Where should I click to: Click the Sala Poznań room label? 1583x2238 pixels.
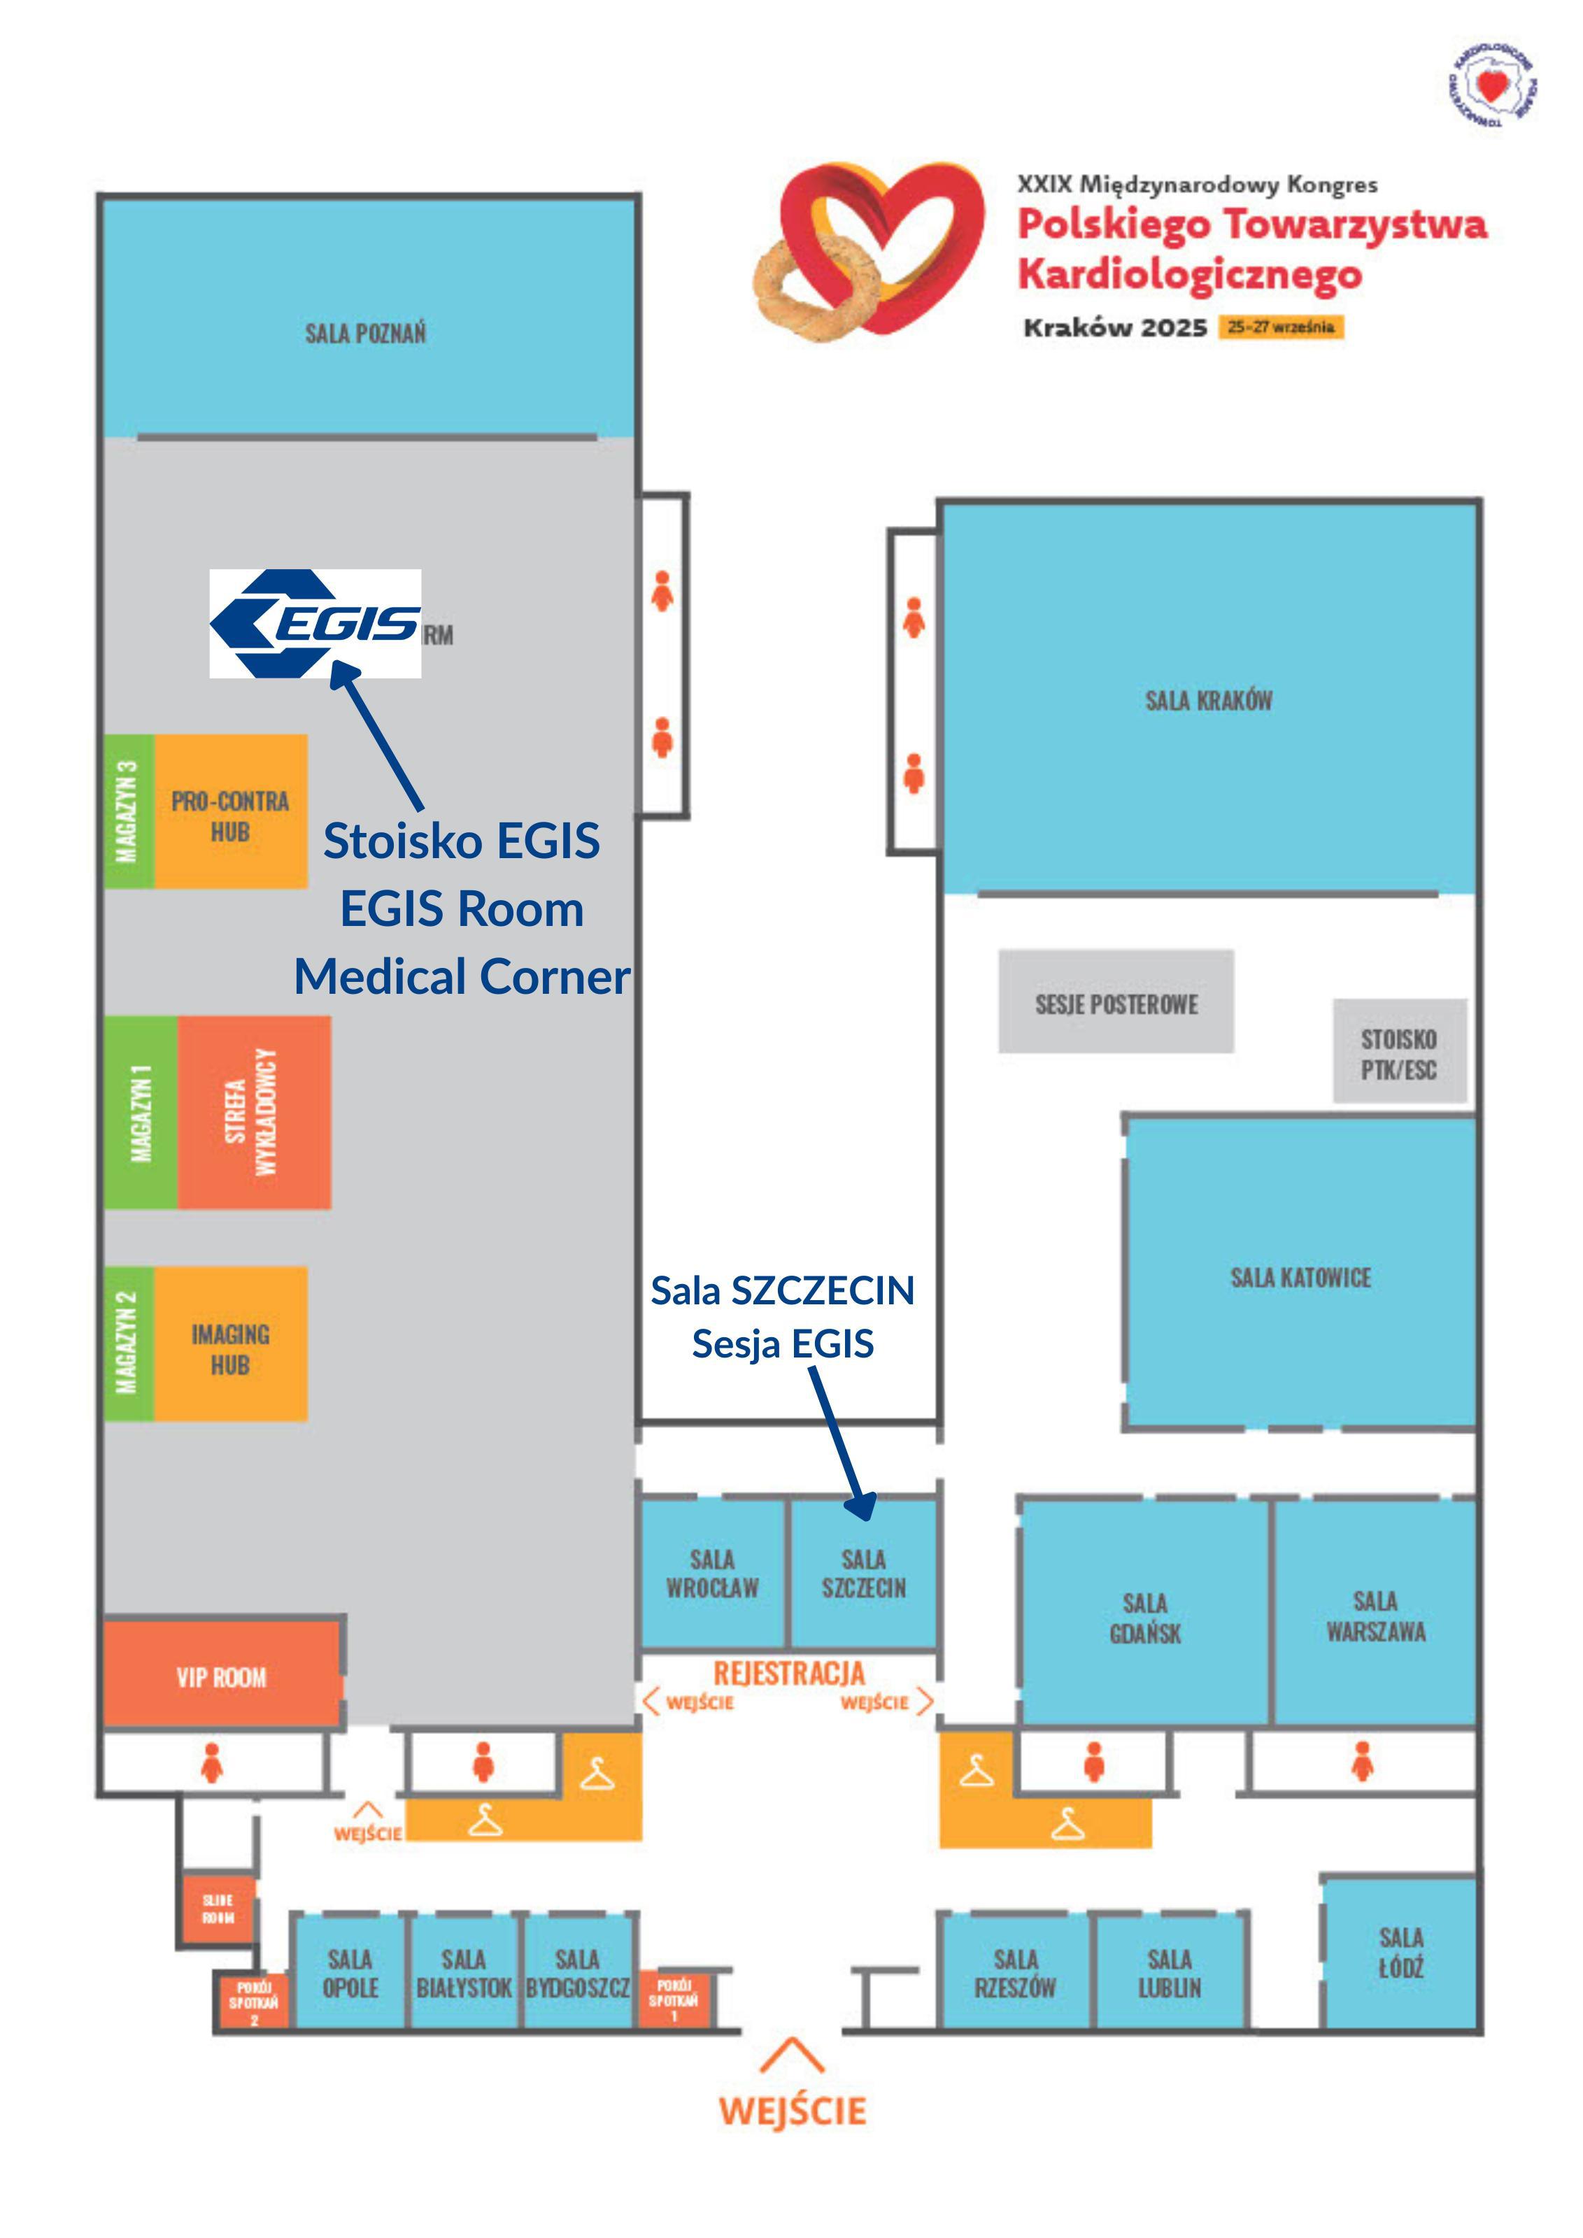point(366,334)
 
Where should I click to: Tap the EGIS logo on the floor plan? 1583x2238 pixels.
point(315,624)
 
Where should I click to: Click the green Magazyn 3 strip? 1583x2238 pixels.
point(128,811)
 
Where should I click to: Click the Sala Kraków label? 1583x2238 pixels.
point(1208,700)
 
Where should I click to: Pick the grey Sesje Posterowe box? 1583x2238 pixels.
point(1116,1003)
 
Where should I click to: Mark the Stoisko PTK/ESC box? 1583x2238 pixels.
point(1399,1054)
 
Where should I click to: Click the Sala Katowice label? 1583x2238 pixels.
point(1300,1277)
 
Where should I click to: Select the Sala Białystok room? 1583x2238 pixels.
point(464,1973)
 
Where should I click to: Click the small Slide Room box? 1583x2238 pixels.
point(218,1908)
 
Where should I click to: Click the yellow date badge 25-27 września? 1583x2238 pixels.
point(1281,327)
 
